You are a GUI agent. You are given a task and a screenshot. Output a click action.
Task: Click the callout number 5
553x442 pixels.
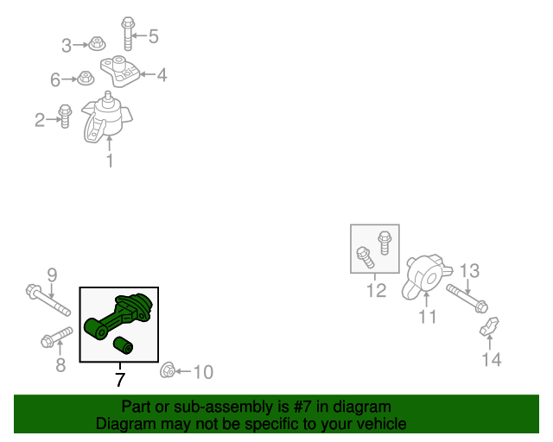(x=153, y=36)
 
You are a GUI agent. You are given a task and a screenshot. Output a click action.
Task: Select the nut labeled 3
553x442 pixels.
(x=97, y=44)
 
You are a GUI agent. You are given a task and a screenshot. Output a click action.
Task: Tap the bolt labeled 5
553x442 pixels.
(x=128, y=34)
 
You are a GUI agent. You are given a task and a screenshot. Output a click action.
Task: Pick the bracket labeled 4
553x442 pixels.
(x=120, y=71)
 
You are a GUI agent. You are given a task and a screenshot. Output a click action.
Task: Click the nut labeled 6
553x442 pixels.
(x=86, y=78)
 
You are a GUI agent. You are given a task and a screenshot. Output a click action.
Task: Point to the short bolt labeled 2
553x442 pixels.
(x=65, y=116)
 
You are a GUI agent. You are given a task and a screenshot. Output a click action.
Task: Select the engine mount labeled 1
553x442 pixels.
(x=106, y=117)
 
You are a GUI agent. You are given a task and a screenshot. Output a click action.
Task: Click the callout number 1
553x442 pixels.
(x=110, y=161)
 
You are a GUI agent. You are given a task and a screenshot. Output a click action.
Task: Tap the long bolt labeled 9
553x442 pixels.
(x=48, y=300)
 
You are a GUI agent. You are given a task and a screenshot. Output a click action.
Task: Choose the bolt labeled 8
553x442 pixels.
(x=57, y=337)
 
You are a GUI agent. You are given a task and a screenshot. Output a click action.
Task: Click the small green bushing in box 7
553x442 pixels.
(x=123, y=345)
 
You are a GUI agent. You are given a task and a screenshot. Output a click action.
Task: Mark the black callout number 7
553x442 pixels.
(x=120, y=380)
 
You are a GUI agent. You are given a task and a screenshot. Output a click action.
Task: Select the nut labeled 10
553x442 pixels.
(x=168, y=370)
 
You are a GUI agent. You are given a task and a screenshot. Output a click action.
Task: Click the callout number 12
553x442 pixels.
(x=377, y=290)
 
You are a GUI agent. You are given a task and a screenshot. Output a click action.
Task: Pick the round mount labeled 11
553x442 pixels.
(x=426, y=277)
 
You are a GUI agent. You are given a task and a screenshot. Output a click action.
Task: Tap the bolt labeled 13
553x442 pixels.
(x=467, y=299)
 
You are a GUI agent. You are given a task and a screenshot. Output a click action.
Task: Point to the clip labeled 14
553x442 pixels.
(x=490, y=326)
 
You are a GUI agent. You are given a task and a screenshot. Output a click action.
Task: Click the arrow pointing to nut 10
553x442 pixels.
(x=183, y=371)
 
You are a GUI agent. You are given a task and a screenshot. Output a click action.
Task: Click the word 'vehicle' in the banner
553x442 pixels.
(x=385, y=424)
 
